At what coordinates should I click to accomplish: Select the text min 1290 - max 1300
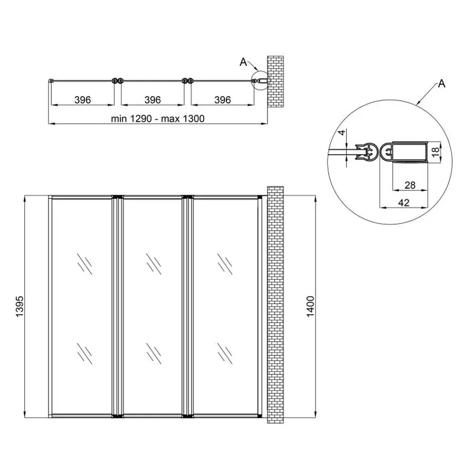(x=157, y=119)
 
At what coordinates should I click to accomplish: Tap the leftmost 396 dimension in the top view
(x=82, y=100)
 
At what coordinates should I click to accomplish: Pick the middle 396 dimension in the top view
(x=153, y=100)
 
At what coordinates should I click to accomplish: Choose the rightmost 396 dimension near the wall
(x=222, y=100)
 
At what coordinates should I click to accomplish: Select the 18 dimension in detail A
(x=435, y=151)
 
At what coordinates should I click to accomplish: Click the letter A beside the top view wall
(x=243, y=62)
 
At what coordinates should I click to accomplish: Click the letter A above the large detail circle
(x=441, y=84)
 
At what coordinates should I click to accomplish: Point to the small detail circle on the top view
(x=260, y=81)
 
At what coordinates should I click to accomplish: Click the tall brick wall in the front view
(x=275, y=305)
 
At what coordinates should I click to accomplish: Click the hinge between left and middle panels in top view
(x=118, y=81)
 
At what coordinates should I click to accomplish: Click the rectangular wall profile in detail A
(x=410, y=152)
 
